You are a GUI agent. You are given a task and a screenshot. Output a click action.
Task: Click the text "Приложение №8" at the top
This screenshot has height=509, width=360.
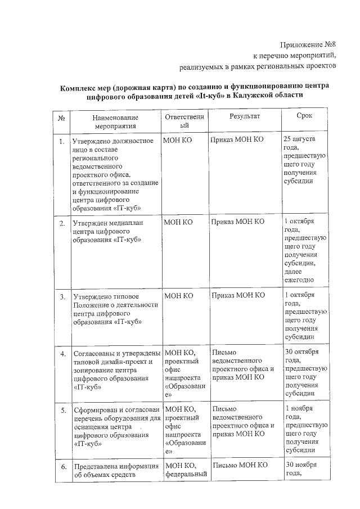(308, 44)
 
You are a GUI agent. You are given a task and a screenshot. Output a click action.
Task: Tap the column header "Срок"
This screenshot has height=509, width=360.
(304, 115)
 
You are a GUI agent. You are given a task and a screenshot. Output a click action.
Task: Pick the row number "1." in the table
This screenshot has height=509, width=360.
(61, 141)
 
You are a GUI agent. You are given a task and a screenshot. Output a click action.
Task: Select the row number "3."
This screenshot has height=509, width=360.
(61, 296)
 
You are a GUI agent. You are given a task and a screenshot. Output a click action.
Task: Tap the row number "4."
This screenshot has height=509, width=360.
(61, 353)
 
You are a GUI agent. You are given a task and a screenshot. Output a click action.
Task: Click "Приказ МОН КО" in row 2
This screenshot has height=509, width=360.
(237, 222)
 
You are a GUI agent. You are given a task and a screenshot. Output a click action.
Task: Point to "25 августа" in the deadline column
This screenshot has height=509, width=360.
(299, 138)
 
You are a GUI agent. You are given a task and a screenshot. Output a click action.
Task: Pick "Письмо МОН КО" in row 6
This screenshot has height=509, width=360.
(237, 465)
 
